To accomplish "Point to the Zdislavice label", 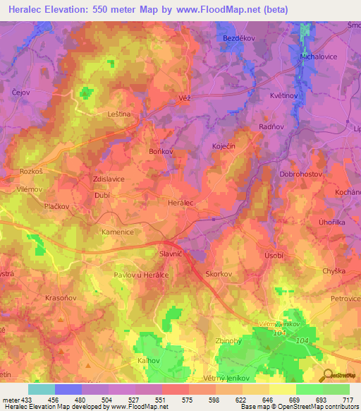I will (104, 179).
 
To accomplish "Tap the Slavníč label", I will (171, 254).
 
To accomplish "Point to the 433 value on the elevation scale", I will (26, 399).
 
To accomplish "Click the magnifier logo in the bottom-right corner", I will (326, 375).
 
